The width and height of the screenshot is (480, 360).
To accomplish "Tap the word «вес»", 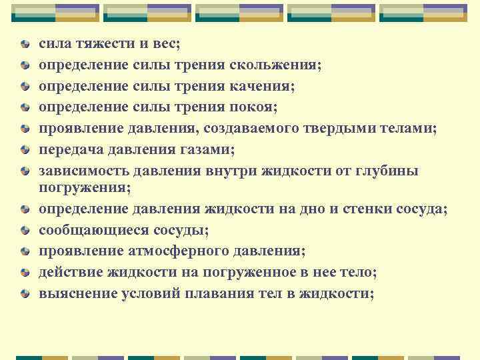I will (164, 45).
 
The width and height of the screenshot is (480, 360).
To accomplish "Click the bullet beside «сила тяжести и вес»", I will (25, 45).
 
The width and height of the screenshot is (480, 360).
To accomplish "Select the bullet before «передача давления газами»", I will (25, 149).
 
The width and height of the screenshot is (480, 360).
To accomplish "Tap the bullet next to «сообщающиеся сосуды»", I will (25, 231).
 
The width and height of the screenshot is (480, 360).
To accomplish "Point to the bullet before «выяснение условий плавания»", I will (25, 293).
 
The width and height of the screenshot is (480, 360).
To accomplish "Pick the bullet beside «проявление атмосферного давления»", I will (25, 251).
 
